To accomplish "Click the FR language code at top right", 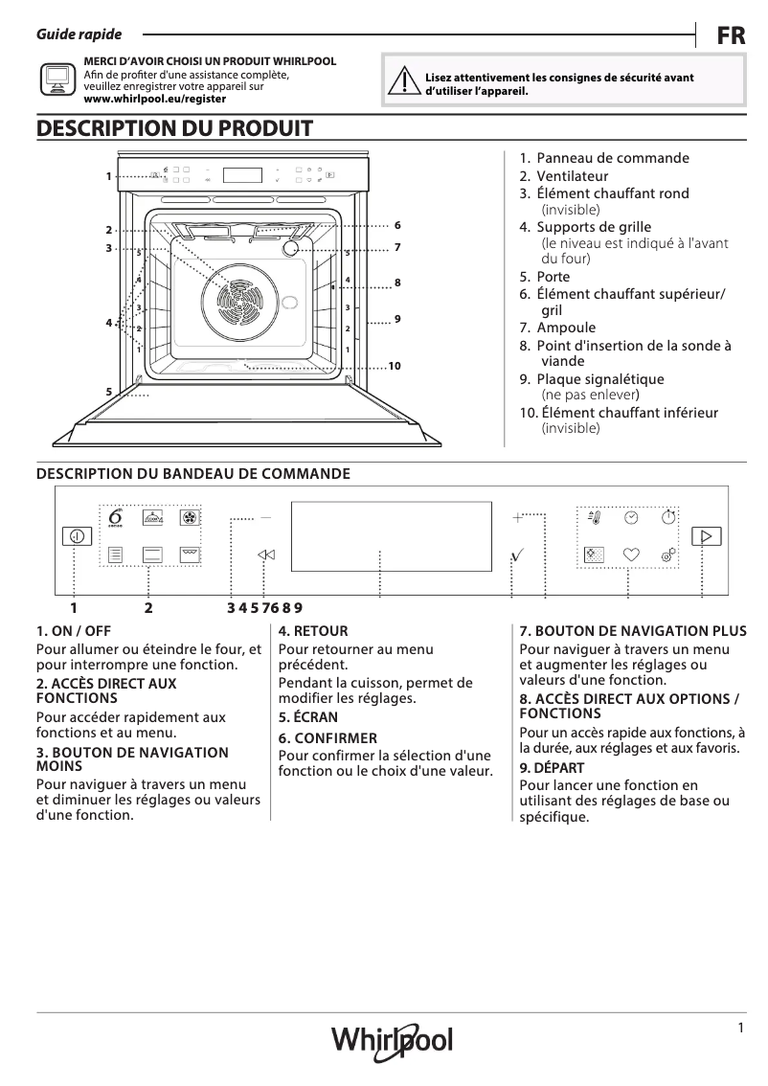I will point(731,36).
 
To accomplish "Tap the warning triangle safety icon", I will point(407,83).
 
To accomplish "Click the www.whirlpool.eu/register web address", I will point(155,98).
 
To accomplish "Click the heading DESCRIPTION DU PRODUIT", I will point(173,127).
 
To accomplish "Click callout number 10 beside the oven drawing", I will point(394,367).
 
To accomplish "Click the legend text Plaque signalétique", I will point(599,379).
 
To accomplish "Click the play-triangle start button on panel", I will point(707,536).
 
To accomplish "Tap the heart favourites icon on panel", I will point(630,554).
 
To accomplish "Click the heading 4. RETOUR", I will point(313,631).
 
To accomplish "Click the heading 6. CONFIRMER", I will point(328,738).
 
